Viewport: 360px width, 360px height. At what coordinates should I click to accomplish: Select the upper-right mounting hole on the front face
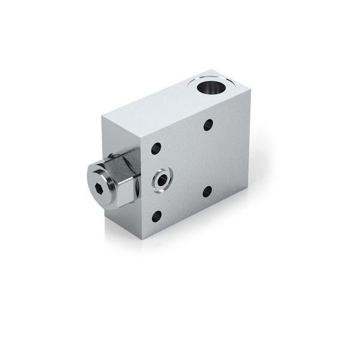pos(208,125)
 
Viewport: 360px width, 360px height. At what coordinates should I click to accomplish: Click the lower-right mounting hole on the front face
pos(207,192)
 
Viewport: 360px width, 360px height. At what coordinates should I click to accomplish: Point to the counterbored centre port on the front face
pos(162,178)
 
